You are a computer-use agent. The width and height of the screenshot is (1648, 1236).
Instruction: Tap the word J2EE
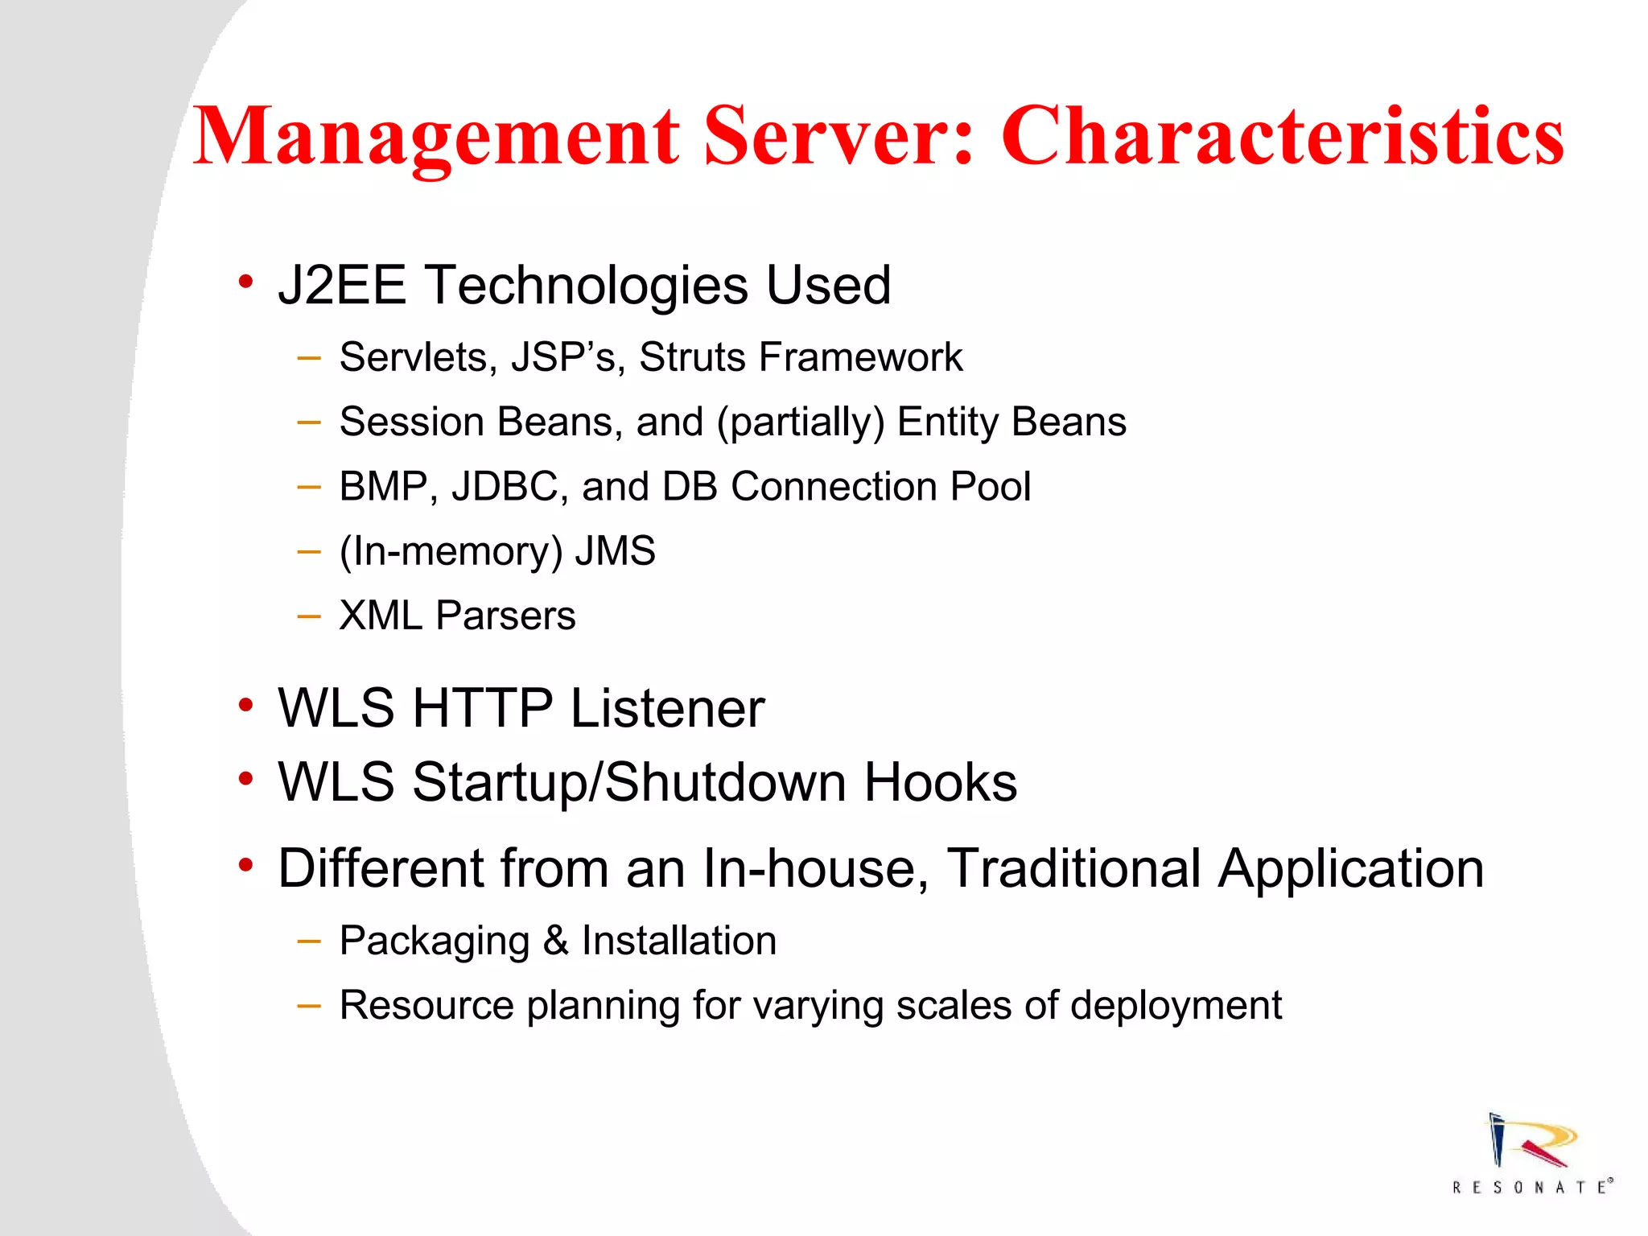pos(342,285)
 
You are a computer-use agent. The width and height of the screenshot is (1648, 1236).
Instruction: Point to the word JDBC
pos(505,486)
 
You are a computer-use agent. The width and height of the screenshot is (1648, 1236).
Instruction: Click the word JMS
pos(616,551)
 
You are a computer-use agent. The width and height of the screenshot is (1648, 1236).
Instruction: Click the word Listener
pos(667,708)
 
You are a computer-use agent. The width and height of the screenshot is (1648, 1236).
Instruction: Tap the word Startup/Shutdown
pos(628,782)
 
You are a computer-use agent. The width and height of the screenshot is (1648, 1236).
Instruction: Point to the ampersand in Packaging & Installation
pos(555,940)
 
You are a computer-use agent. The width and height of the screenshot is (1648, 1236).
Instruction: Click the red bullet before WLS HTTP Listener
pos(245,706)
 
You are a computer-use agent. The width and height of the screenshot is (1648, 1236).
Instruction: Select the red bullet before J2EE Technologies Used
pos(245,282)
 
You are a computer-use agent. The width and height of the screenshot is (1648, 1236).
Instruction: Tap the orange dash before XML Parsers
pos(308,617)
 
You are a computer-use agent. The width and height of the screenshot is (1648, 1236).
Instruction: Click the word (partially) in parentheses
pos(801,422)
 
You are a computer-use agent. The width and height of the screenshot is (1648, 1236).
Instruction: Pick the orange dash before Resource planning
pos(308,1006)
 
